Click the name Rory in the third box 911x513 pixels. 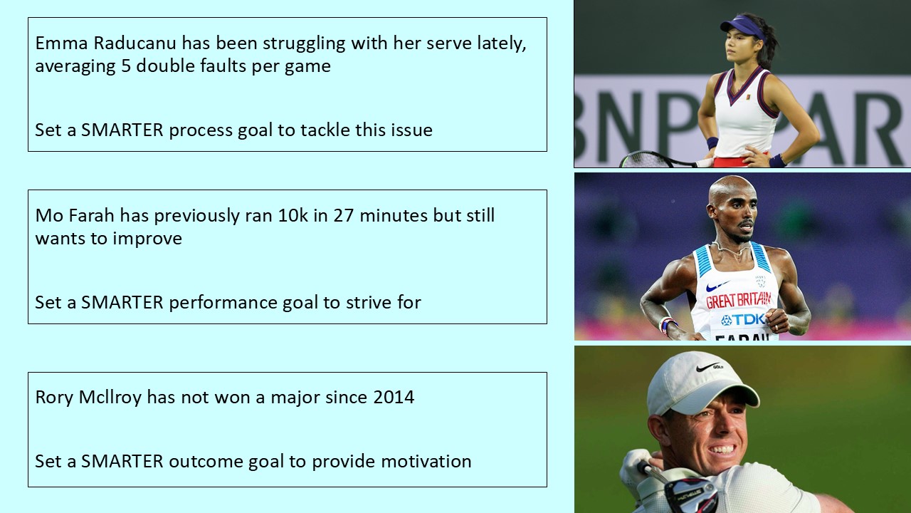click(x=54, y=397)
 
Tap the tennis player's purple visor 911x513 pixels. click(x=740, y=27)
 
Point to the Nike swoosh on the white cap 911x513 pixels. click(x=709, y=368)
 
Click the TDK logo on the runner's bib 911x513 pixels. click(x=742, y=319)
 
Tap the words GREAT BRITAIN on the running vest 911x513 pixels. click(x=737, y=300)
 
